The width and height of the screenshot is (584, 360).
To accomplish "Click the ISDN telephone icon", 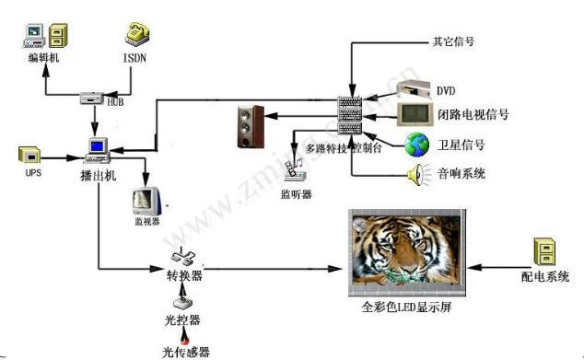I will pos(135,35).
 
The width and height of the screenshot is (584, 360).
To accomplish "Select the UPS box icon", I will pos(30,155).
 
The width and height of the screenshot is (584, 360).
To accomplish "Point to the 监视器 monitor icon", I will pos(146,198).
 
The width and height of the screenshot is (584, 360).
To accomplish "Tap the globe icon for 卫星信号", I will pos(419,144).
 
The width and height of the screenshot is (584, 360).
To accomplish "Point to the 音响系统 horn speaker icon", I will pos(416,172).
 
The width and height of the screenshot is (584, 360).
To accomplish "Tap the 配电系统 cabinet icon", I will pos(543,251).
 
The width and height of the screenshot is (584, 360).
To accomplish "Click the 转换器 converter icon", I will pos(181,261).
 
